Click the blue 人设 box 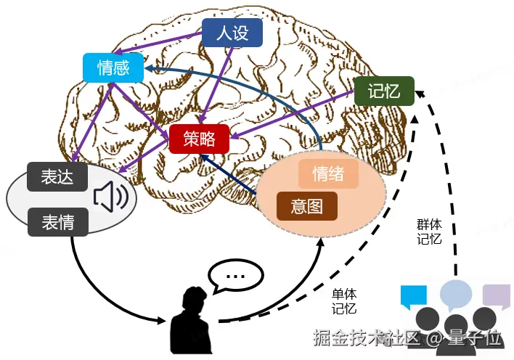(x=232, y=33)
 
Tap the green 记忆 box (x=384, y=91)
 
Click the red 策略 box (x=199, y=139)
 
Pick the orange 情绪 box (x=328, y=174)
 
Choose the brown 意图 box (x=307, y=206)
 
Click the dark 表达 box (x=57, y=176)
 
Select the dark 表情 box (x=57, y=221)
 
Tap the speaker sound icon (x=110, y=197)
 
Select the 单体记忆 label (x=344, y=301)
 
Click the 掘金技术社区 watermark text (x=366, y=338)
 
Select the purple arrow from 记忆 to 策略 (x=293, y=115)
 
